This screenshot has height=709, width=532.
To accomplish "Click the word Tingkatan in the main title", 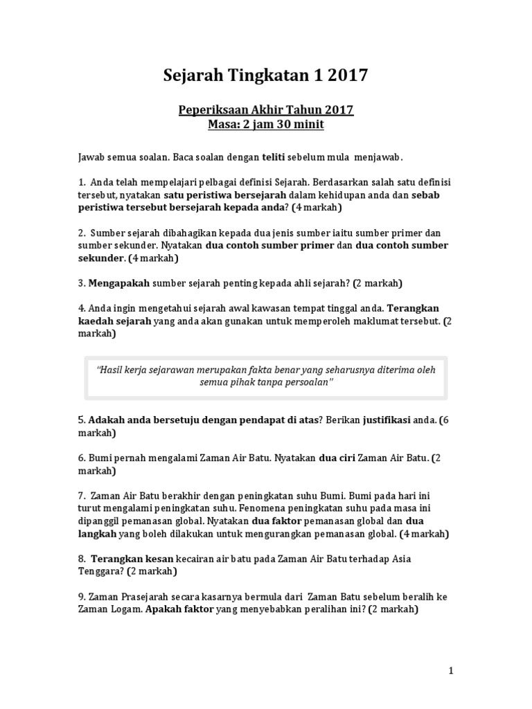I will (263, 76).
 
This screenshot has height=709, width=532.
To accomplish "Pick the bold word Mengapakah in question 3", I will (118, 283).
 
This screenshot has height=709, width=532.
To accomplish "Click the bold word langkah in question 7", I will (97, 534).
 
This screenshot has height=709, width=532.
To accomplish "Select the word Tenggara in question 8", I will (101, 571).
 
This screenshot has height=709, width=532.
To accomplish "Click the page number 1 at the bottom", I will (450, 670).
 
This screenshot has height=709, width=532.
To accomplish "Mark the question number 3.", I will (81, 283).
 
